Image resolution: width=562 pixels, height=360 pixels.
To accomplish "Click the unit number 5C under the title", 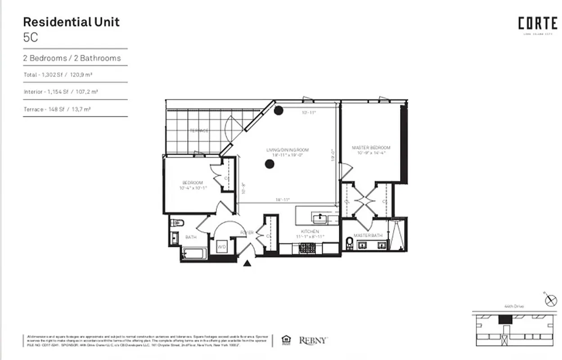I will coord(31,37).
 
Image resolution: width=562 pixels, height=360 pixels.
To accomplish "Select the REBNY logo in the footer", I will coord(313,341).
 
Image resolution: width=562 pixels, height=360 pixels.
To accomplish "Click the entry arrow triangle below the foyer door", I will coord(247,263).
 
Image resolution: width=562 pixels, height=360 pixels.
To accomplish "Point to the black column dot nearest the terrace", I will coord(279,110).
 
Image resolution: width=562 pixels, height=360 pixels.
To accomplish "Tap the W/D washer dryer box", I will coord(222,247).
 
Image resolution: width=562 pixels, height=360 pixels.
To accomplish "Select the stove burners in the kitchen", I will coord(308,247).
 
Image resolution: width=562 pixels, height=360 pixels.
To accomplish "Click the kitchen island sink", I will coord(320,219).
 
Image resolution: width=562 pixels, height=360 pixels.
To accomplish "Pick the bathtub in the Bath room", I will coord(194,254).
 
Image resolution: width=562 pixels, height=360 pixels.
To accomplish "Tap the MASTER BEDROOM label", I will coord(371,148).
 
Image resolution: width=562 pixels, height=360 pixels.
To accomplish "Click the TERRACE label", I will coord(198,130).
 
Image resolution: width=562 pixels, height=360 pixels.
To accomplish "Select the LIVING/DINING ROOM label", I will coord(288,150).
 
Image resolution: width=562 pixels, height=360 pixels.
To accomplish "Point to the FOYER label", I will coord(247,233).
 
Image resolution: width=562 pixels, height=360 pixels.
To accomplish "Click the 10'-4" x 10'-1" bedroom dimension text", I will coord(193,188).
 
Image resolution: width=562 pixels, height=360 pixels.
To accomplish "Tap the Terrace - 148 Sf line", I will coord(61,109).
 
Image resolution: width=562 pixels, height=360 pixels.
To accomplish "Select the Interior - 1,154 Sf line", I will coord(61,92).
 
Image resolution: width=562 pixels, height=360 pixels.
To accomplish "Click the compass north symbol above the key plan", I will coord(551,301).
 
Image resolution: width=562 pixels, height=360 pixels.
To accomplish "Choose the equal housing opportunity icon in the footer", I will coord(285,340).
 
